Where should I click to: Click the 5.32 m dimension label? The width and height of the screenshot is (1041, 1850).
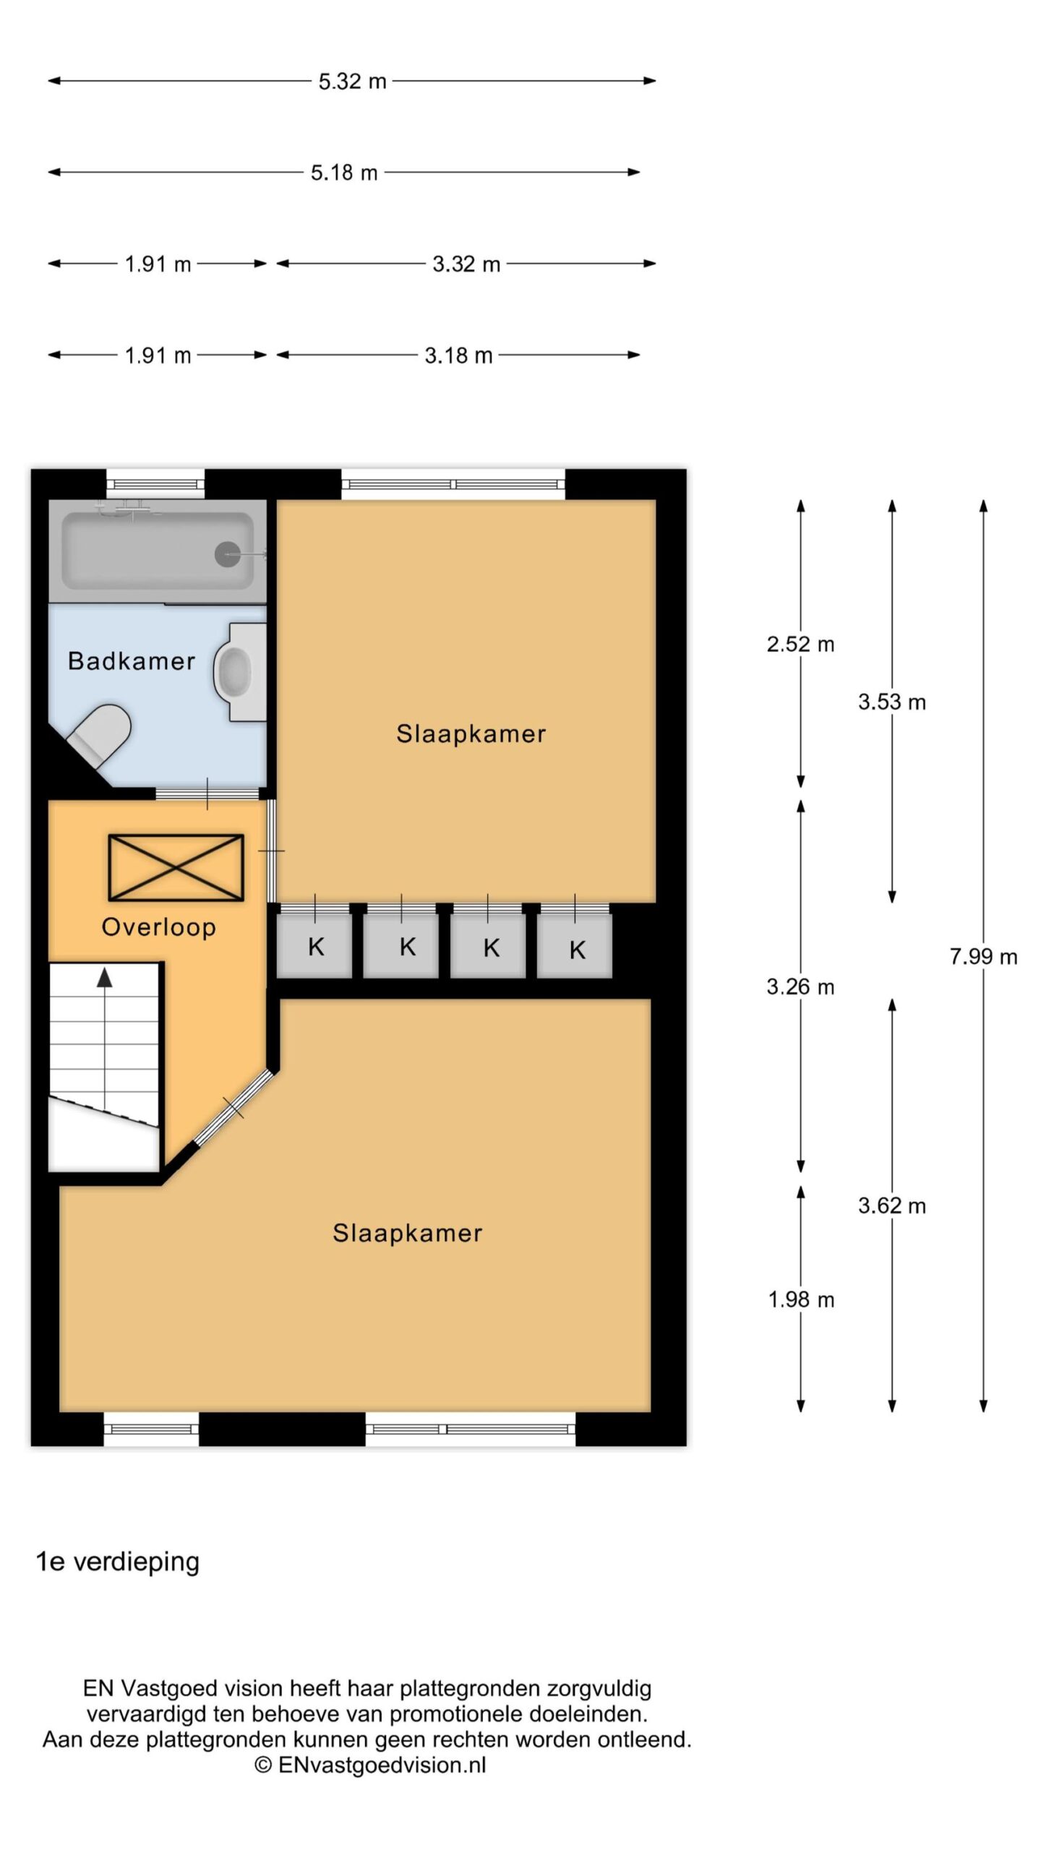tap(353, 81)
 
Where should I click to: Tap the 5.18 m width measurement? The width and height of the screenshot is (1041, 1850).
tap(344, 173)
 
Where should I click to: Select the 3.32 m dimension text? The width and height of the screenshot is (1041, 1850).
tap(466, 264)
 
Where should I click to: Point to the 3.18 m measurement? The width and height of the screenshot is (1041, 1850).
tap(458, 356)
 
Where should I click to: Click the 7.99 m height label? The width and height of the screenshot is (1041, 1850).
tap(983, 957)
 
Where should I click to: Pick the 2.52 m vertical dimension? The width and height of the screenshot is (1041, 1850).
tap(800, 644)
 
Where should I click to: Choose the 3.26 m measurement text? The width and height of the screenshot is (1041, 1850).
tap(800, 986)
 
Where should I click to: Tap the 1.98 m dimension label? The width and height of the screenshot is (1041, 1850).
tap(801, 1299)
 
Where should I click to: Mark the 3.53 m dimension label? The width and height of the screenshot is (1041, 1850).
tap(892, 702)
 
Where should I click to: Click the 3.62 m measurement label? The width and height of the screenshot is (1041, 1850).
tap(892, 1205)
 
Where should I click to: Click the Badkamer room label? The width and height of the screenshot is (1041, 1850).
tap(132, 661)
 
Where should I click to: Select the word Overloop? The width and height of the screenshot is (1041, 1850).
tap(159, 927)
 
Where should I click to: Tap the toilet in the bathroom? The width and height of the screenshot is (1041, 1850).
tap(100, 732)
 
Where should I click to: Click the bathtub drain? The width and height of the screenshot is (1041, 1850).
tap(228, 554)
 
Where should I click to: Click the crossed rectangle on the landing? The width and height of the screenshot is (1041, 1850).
tap(176, 867)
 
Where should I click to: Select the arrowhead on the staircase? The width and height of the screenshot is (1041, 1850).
tap(105, 978)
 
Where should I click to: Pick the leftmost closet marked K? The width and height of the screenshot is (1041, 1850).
tap(314, 945)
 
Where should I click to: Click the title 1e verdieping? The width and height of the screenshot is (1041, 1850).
tap(118, 1562)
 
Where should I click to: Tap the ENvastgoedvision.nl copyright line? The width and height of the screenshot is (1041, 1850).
tap(370, 1765)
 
